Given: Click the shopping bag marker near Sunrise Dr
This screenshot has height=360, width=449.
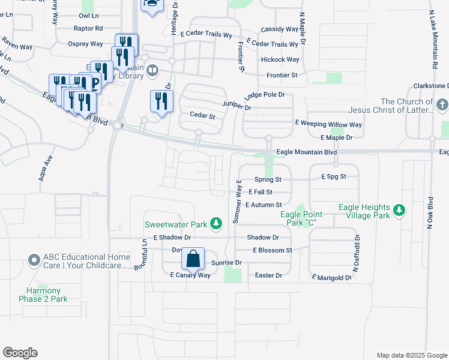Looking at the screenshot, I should tap(193, 259).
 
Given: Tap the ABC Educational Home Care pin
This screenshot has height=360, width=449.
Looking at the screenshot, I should tap(34, 260).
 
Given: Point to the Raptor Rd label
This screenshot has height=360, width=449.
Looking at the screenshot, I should tap(88, 28).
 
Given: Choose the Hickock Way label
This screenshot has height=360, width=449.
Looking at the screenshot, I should tap(280, 60).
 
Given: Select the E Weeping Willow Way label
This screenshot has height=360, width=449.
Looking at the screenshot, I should tap(328, 124).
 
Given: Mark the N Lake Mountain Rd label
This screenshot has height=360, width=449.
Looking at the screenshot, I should tap(433, 39).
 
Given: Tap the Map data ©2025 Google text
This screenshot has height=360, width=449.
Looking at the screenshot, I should tap(411, 355).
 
